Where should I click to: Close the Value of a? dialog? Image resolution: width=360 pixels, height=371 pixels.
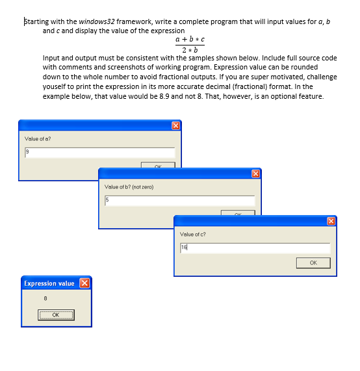(x=175, y=125)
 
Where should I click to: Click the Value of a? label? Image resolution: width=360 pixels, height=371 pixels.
(x=38, y=138)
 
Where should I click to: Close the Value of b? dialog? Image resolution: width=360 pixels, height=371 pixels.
(x=255, y=173)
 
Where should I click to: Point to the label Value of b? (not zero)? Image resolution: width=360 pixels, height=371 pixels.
(x=129, y=186)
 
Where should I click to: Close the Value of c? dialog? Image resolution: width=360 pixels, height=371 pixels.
(x=331, y=221)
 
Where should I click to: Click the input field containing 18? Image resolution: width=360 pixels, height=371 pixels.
(x=254, y=248)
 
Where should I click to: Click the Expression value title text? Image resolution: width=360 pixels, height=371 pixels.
(x=49, y=283)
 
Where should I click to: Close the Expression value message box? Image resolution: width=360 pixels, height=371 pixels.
(x=84, y=283)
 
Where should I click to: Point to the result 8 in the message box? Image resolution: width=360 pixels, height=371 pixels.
(x=45, y=298)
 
